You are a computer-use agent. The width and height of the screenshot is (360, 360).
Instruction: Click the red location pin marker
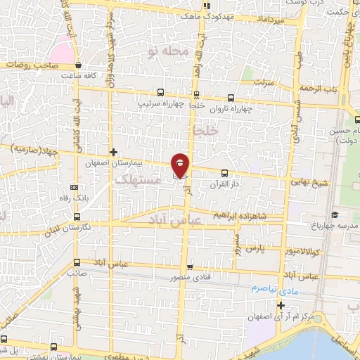point(181,165)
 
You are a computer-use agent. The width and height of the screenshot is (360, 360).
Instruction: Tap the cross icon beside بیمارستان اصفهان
point(113,152)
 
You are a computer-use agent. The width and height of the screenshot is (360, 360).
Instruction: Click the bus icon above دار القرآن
point(224,173)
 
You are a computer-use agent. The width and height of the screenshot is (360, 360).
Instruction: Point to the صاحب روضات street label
point(25,65)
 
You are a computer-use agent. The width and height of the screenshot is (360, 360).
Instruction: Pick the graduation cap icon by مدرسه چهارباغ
point(335,214)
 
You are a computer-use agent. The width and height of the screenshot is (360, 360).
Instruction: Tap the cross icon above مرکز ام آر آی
point(281,305)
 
